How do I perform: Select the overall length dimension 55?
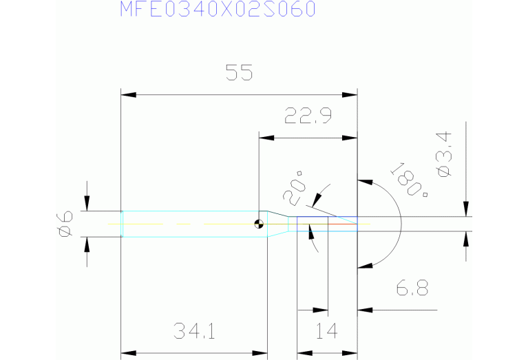click(240, 73)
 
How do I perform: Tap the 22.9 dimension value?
click(308, 116)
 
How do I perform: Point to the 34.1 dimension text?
click(194, 333)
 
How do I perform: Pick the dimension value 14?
click(327, 333)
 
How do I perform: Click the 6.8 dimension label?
click(412, 289)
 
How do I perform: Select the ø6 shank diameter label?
click(64, 224)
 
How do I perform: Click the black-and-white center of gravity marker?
click(258, 223)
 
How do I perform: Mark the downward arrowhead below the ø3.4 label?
click(467, 209)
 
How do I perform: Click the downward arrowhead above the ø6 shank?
click(87, 203)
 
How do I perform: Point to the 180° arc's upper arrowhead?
click(366, 183)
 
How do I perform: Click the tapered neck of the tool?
click(277, 223)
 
